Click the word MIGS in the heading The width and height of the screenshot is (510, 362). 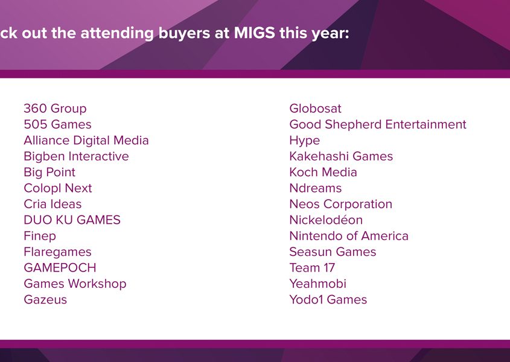pyautogui.click(x=255, y=33)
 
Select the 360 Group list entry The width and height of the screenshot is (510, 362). pyautogui.click(x=56, y=109)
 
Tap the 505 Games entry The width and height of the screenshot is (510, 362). pyautogui.click(x=57, y=124)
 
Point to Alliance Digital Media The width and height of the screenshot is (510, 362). pyautogui.click(x=86, y=141)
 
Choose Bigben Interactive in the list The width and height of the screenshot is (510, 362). pyautogui.click(x=77, y=156)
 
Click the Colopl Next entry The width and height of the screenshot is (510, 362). pyautogui.click(x=58, y=188)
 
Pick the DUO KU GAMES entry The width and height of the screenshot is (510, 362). pyautogui.click(x=72, y=220)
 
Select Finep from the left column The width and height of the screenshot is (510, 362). pyautogui.click(x=40, y=236)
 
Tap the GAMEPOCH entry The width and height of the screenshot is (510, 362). pyautogui.click(x=60, y=268)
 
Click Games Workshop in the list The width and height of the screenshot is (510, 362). pyautogui.click(x=75, y=284)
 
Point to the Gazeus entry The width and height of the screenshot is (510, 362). pyautogui.click(x=45, y=299)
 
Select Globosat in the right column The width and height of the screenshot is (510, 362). pyautogui.click(x=316, y=109)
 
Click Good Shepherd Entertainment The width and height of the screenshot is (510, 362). pyautogui.click(x=378, y=124)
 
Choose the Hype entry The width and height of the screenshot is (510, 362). pyautogui.click(x=305, y=141)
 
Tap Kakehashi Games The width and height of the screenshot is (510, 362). pyautogui.click(x=341, y=156)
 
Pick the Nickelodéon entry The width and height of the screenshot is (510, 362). pyautogui.click(x=327, y=220)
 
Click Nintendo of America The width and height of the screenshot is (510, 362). pyautogui.click(x=349, y=236)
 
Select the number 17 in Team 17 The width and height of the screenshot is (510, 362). pyautogui.click(x=330, y=268)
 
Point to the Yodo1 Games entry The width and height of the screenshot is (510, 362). pyautogui.click(x=328, y=299)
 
